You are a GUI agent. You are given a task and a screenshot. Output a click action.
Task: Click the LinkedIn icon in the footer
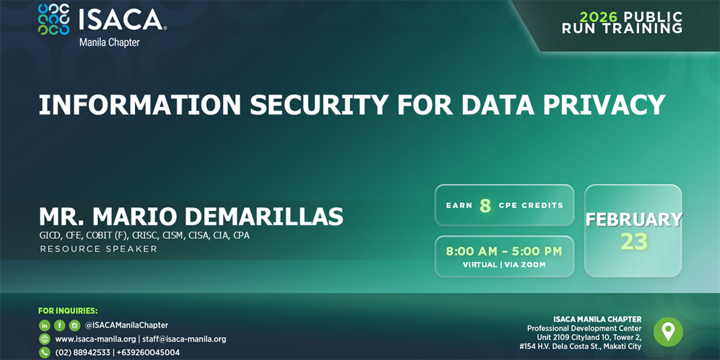coord(44,325)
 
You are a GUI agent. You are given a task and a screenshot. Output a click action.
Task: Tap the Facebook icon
coord(59,325)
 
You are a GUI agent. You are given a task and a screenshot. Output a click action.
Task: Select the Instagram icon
coord(74,325)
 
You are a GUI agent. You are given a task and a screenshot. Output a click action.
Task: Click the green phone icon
coord(44,353)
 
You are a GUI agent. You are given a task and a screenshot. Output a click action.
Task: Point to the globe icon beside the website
coord(44,339)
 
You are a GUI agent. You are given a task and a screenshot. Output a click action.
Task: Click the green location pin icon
coord(668,332)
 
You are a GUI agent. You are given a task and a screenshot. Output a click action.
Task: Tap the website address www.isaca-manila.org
coord(95,339)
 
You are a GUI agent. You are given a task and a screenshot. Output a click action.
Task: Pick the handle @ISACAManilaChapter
coord(127,325)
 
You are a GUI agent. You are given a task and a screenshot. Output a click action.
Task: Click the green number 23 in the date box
coord(634,241)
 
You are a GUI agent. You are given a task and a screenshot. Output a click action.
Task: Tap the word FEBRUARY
coord(634,220)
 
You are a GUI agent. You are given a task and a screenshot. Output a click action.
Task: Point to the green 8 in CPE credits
coord(485,206)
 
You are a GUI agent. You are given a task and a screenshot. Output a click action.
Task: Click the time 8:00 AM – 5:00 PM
coord(504,251)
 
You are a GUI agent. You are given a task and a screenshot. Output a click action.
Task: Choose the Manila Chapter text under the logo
coord(109,43)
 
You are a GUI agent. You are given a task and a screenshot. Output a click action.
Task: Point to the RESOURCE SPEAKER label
coord(98,249)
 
